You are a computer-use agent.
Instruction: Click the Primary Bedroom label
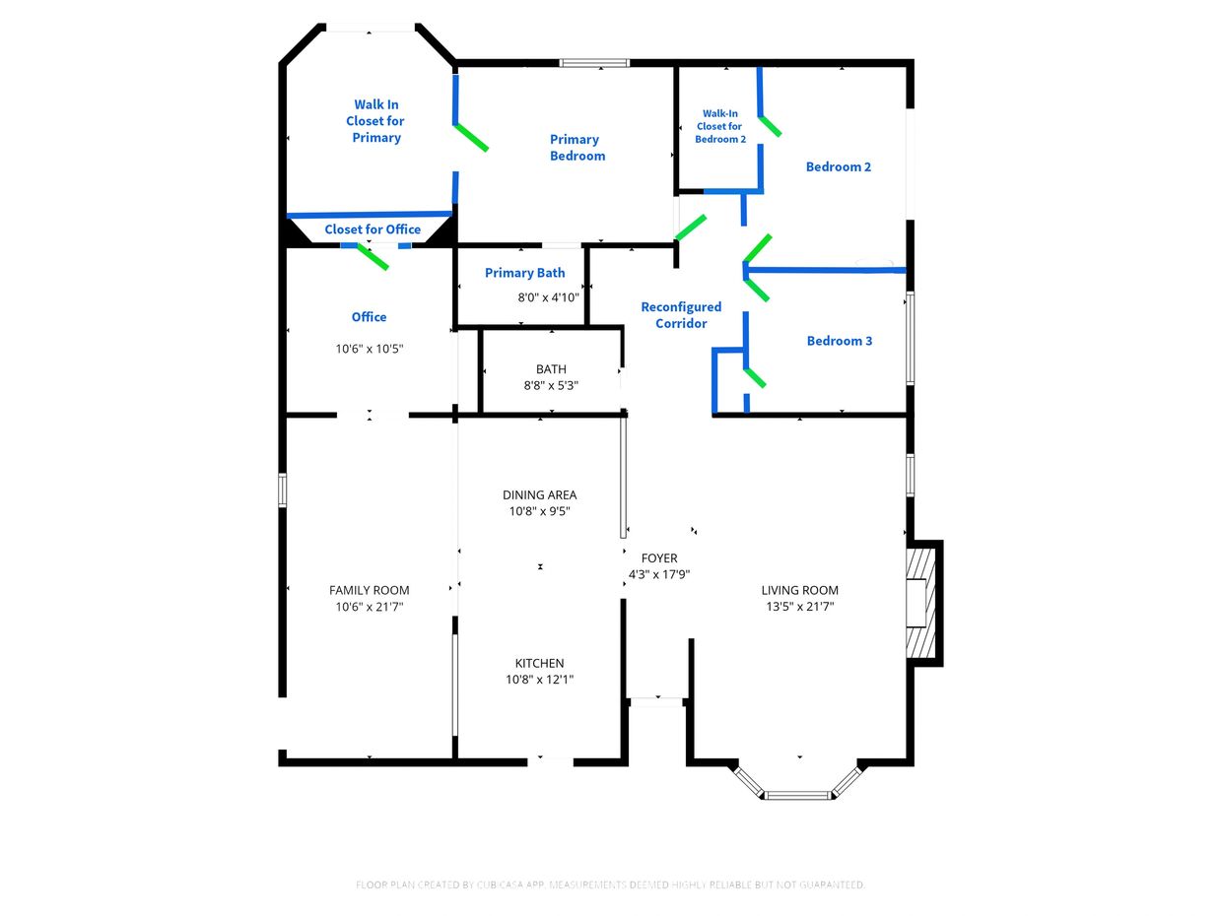coord(577,148)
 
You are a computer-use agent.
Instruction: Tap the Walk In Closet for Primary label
coord(375,121)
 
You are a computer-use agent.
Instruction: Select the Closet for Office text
coord(373,229)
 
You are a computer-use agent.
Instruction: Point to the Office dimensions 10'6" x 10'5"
coord(370,349)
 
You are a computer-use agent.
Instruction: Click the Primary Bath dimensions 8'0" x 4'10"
coord(548,297)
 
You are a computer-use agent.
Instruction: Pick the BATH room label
coord(551,368)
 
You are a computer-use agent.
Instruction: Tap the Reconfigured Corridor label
coord(681,315)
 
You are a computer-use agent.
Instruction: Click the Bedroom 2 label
coord(839,166)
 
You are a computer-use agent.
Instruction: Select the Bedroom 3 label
coord(840,341)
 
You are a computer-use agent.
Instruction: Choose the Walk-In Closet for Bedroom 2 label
coord(719,126)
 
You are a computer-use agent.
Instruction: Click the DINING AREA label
coord(539,494)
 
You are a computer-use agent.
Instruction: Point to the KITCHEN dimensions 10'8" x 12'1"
coord(539,679)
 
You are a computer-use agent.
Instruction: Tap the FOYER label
coord(659,557)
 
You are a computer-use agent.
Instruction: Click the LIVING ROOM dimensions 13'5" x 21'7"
coord(800,606)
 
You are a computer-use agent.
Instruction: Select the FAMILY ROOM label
coord(370,590)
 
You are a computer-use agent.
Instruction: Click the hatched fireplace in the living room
coord(916,604)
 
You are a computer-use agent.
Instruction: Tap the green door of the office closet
coord(373,257)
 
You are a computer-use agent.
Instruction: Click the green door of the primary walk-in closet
coord(471,137)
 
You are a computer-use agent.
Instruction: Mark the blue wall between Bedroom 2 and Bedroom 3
coord(825,271)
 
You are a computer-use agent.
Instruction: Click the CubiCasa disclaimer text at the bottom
coord(610,884)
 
